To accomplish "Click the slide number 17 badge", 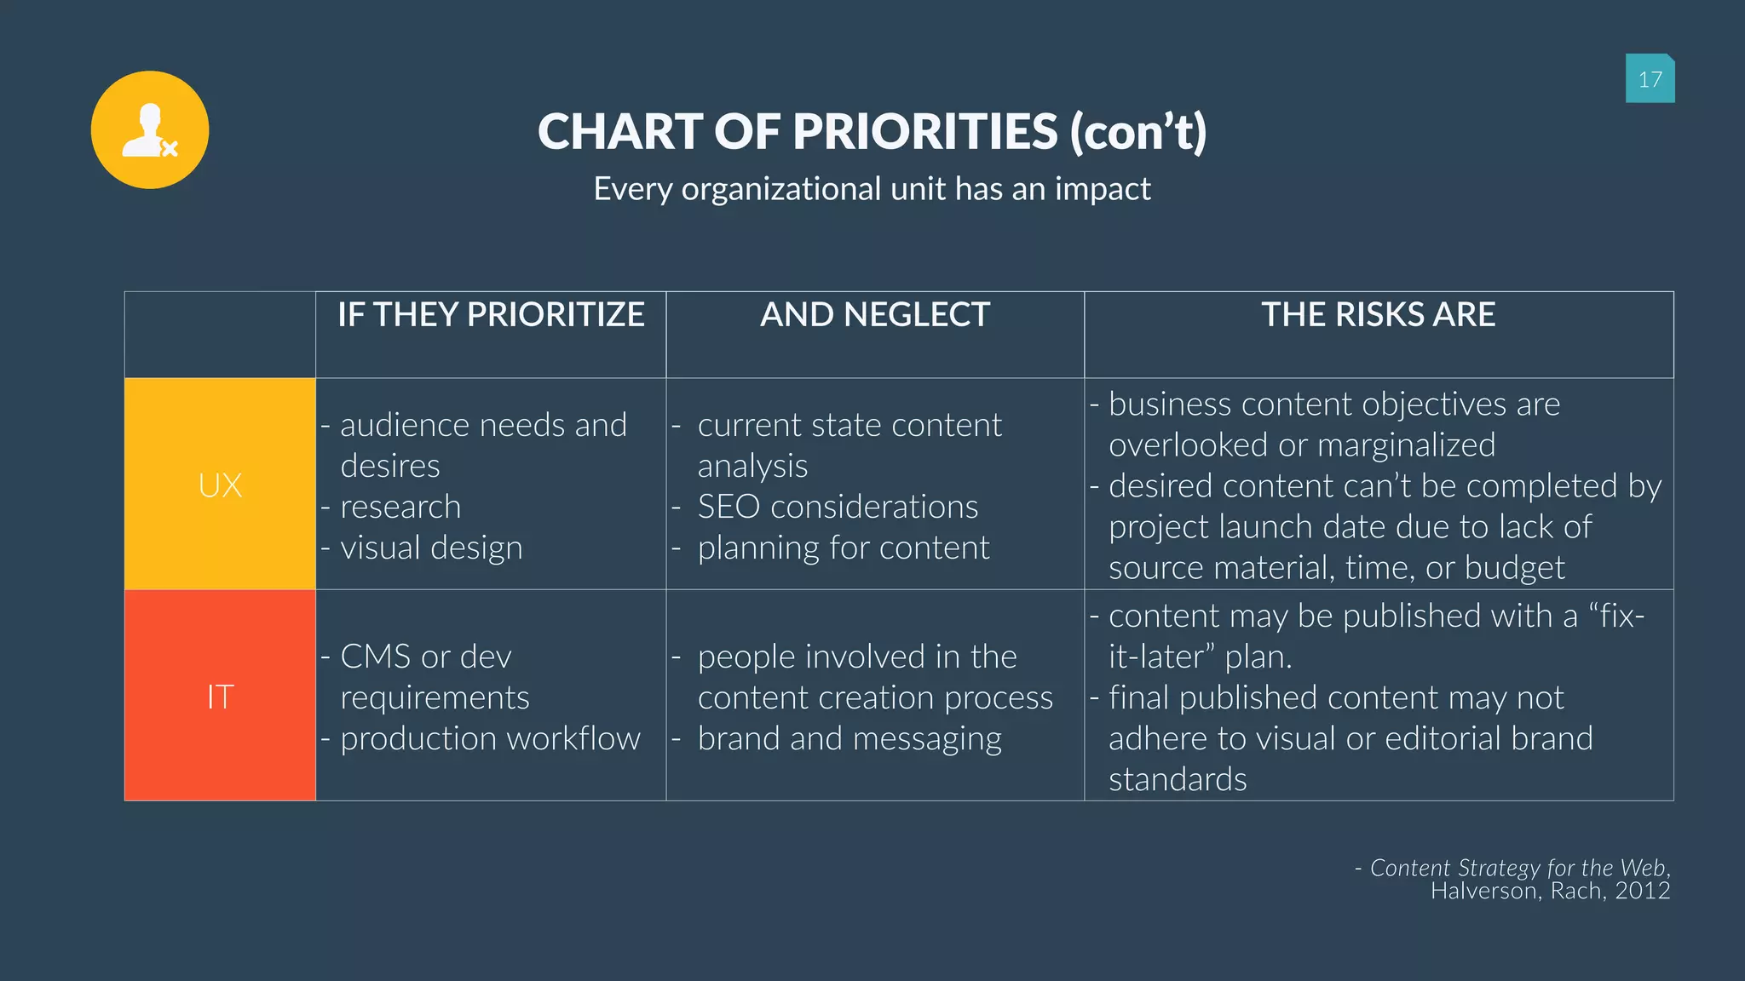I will coord(1650,79).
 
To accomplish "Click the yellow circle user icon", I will coord(150,129).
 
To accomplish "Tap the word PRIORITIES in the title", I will coord(925,132).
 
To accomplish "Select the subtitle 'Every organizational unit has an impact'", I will coord(872,189).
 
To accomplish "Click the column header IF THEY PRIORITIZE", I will coord(491,315).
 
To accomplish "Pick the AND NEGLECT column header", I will coord(875,315).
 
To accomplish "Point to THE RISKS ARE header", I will coord(1378,315).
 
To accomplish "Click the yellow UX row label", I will coord(220,485).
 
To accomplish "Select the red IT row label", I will coord(220,697).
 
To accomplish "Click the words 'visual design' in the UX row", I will coord(431,548).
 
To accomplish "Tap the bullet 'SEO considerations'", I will coord(838,507).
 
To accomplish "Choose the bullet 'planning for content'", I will coord(844,548).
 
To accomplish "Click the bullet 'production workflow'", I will coord(490,738).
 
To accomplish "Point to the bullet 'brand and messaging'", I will coord(849,738).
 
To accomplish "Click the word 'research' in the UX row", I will coord(400,507).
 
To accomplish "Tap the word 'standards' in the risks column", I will coord(1178,779).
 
